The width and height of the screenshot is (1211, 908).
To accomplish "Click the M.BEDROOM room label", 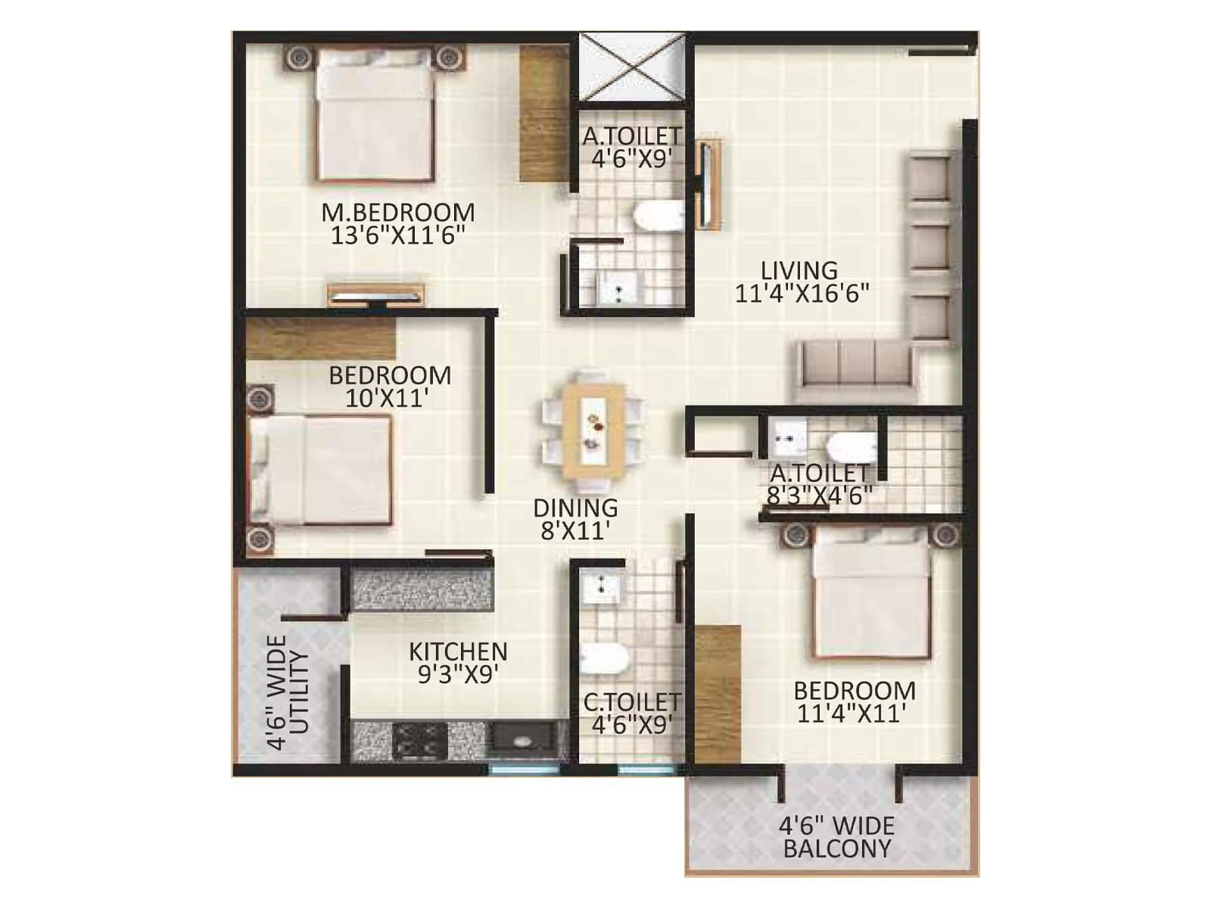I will tap(398, 213).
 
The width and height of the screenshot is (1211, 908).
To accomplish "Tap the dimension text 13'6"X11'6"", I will tap(398, 235).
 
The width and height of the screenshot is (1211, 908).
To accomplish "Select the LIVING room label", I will tap(799, 270).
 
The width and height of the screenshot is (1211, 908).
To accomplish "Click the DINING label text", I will tap(575, 508).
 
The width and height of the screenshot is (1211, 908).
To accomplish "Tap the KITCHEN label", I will tap(458, 651).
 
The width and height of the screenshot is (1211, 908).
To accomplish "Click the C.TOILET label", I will tap(632, 702).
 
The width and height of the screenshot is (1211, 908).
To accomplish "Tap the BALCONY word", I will tap(837, 849).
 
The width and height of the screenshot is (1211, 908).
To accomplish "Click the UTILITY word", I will tap(300, 692).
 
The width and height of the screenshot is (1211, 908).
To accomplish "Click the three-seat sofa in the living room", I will tap(855, 369).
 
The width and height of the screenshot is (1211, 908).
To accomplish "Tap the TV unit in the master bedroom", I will tap(375, 294).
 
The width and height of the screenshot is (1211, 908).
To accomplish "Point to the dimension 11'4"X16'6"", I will tap(802, 294).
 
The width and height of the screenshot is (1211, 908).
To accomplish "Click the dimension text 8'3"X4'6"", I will tap(820, 496).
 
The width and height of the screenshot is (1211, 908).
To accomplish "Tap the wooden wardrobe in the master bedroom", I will tap(543, 113).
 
